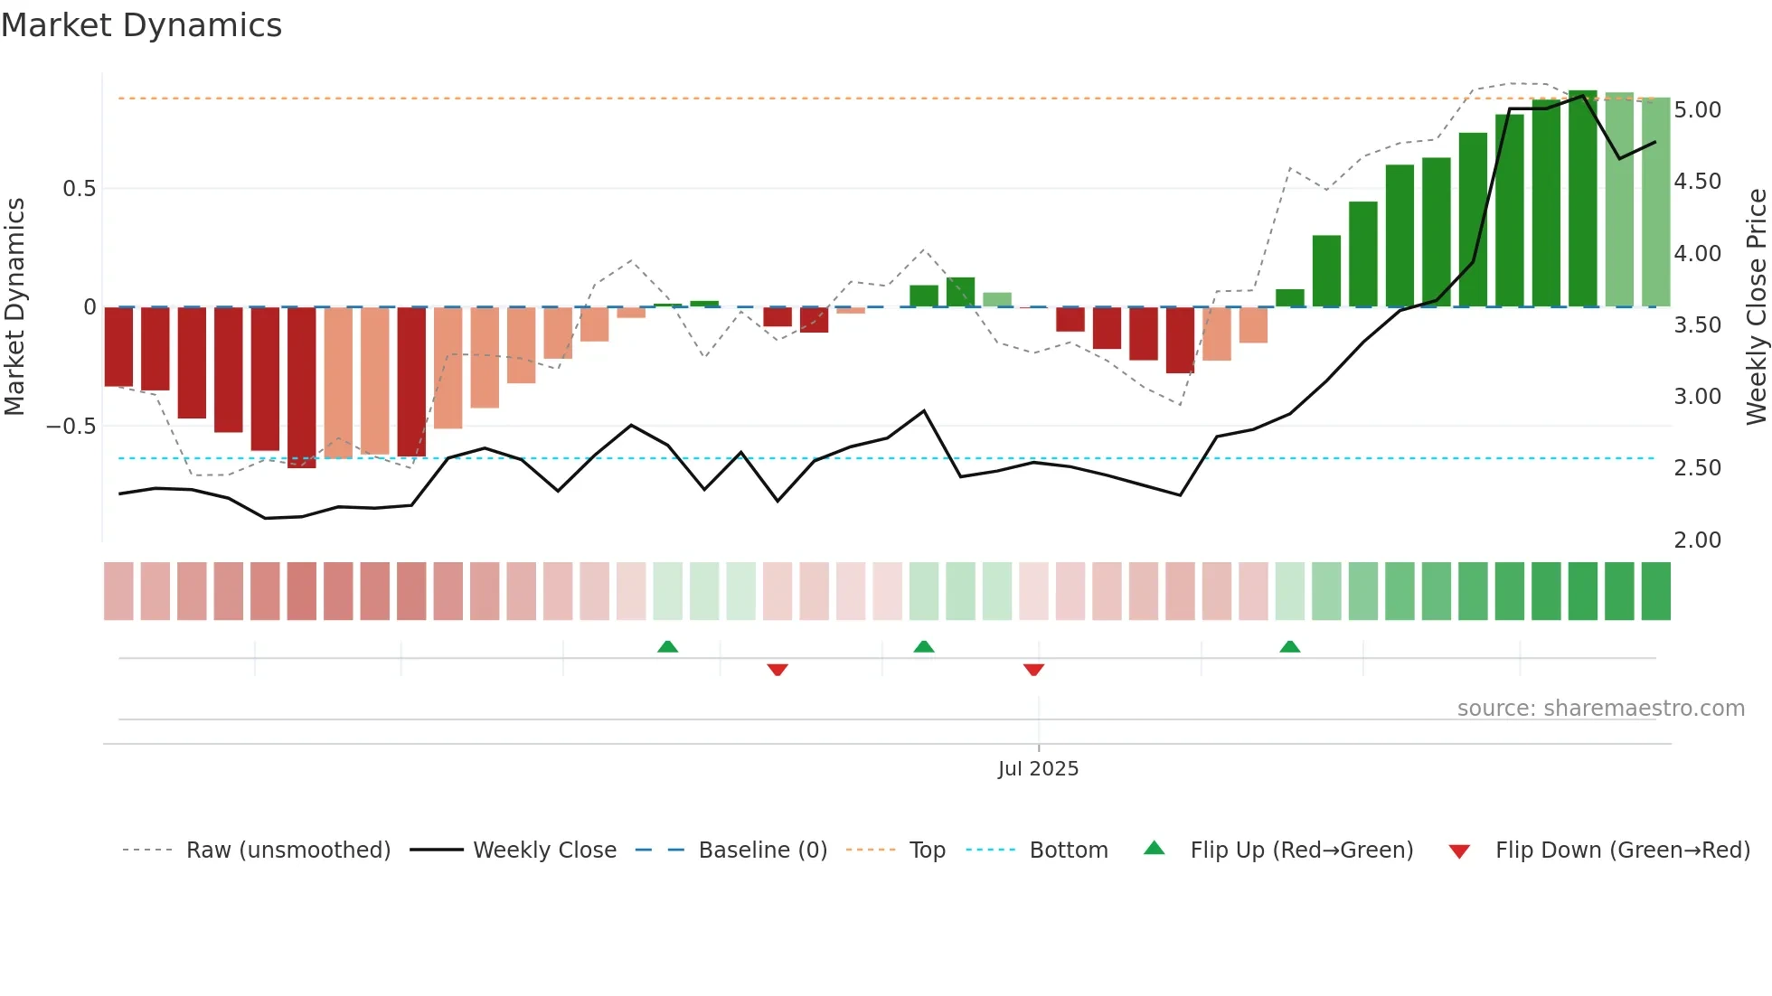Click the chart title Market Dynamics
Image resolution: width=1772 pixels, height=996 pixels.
(141, 25)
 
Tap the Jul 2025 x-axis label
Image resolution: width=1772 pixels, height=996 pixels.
(1038, 768)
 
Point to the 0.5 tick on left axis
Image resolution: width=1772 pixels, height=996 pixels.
(79, 188)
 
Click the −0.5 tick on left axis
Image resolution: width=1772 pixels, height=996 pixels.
(71, 426)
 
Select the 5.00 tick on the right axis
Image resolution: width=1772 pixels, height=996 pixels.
(1697, 109)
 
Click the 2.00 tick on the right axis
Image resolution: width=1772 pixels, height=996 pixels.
(1697, 540)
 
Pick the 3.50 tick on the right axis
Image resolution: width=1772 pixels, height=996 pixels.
(1697, 324)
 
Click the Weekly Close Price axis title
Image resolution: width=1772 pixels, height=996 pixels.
(1756, 305)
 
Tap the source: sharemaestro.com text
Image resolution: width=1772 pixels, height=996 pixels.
(1600, 709)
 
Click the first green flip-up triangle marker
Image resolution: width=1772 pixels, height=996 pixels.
(667, 647)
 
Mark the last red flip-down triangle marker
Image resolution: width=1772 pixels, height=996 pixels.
(1033, 669)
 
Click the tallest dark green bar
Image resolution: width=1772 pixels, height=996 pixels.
(1582, 199)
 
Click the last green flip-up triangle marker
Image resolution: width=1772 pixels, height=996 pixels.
(1290, 647)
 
